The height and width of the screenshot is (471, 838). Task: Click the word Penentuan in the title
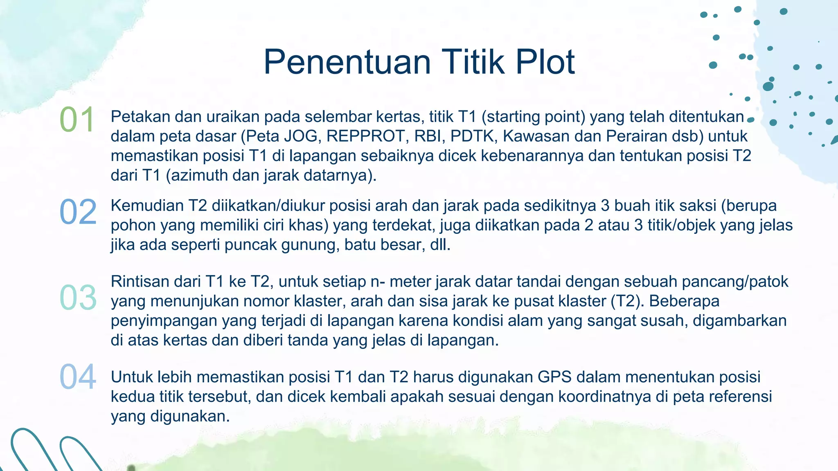click(x=347, y=62)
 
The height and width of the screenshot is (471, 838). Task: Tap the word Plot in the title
click(x=545, y=62)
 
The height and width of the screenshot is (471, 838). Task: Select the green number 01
click(x=77, y=120)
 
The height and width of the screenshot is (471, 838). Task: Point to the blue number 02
click(x=78, y=212)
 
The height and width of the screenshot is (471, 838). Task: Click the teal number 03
click(x=78, y=297)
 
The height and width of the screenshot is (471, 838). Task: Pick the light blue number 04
click(x=78, y=377)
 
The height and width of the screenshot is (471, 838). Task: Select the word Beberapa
click(x=684, y=301)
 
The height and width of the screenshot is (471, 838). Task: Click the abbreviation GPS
click(x=554, y=377)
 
